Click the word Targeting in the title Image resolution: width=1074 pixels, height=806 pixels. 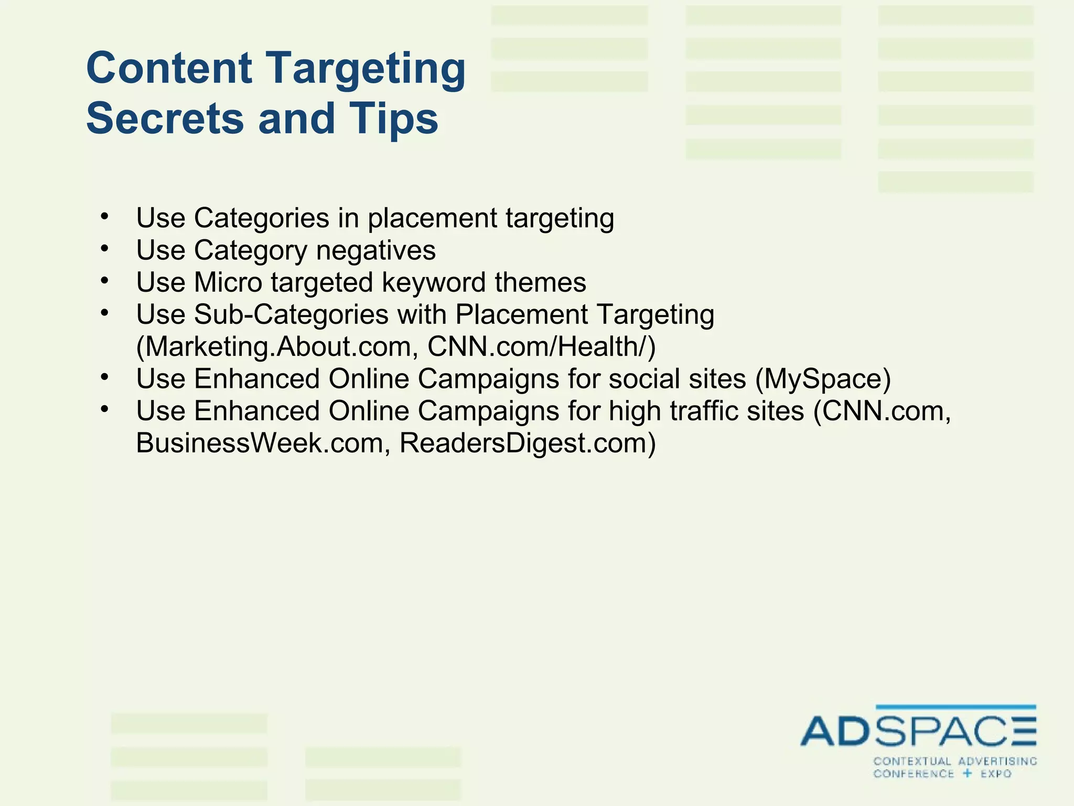point(367,68)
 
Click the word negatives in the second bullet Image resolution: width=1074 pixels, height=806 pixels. point(375,250)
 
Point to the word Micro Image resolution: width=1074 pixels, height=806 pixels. point(228,282)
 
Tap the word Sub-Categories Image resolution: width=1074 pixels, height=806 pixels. point(291,315)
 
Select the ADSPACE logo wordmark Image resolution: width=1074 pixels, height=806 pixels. point(918,731)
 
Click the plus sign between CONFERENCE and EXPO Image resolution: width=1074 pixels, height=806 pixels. point(968,773)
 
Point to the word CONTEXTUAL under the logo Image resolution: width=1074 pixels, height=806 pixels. point(912,761)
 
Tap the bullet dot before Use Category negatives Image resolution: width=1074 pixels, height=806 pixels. point(105,248)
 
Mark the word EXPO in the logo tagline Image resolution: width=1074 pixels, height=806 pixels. point(996,773)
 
